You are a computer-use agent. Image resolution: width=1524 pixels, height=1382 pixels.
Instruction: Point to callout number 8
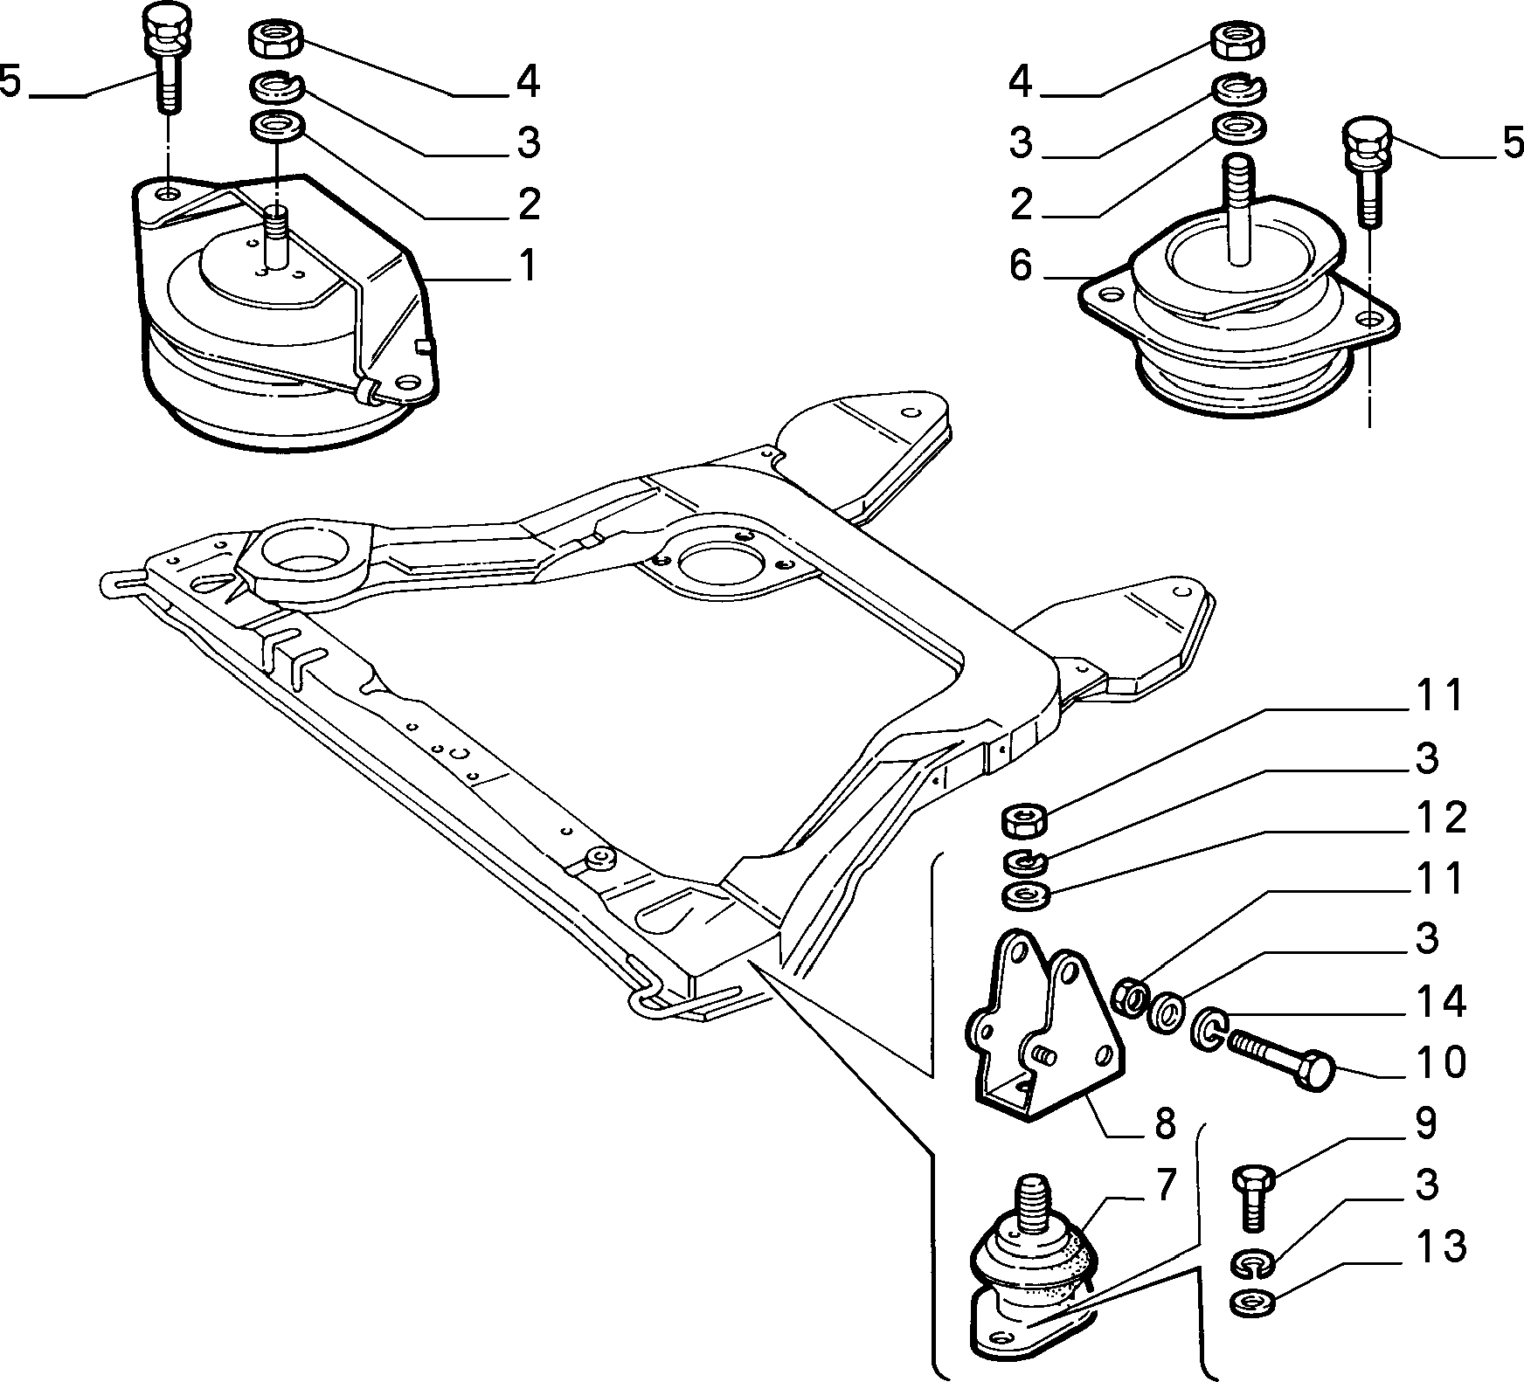click(x=1165, y=1124)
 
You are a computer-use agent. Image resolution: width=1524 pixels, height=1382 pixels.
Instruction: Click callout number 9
click(x=1425, y=1124)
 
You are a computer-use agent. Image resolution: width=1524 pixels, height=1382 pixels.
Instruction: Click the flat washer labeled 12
click(x=1022, y=896)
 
